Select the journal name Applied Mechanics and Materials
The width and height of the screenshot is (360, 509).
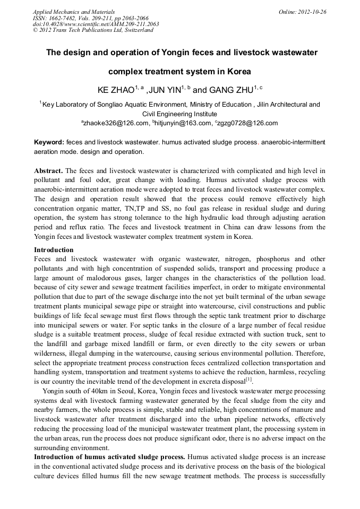click(x=74, y=12)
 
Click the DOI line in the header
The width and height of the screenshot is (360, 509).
click(x=96, y=24)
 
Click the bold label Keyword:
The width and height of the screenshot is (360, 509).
click(x=49, y=143)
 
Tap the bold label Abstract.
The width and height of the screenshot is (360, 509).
click(x=48, y=171)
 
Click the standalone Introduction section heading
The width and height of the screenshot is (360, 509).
click(x=54, y=249)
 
